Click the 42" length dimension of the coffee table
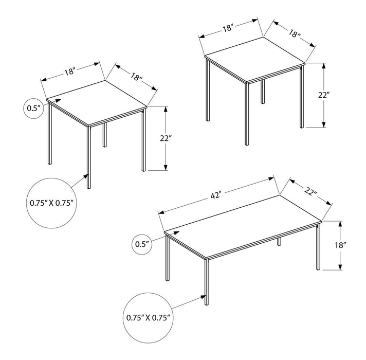pos(216,195)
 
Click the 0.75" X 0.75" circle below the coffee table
pos(148,317)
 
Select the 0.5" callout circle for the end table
pos(33,109)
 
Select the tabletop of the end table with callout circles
pos(98,102)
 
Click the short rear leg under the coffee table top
pos(279,241)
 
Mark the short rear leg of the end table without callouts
pos(263,92)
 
